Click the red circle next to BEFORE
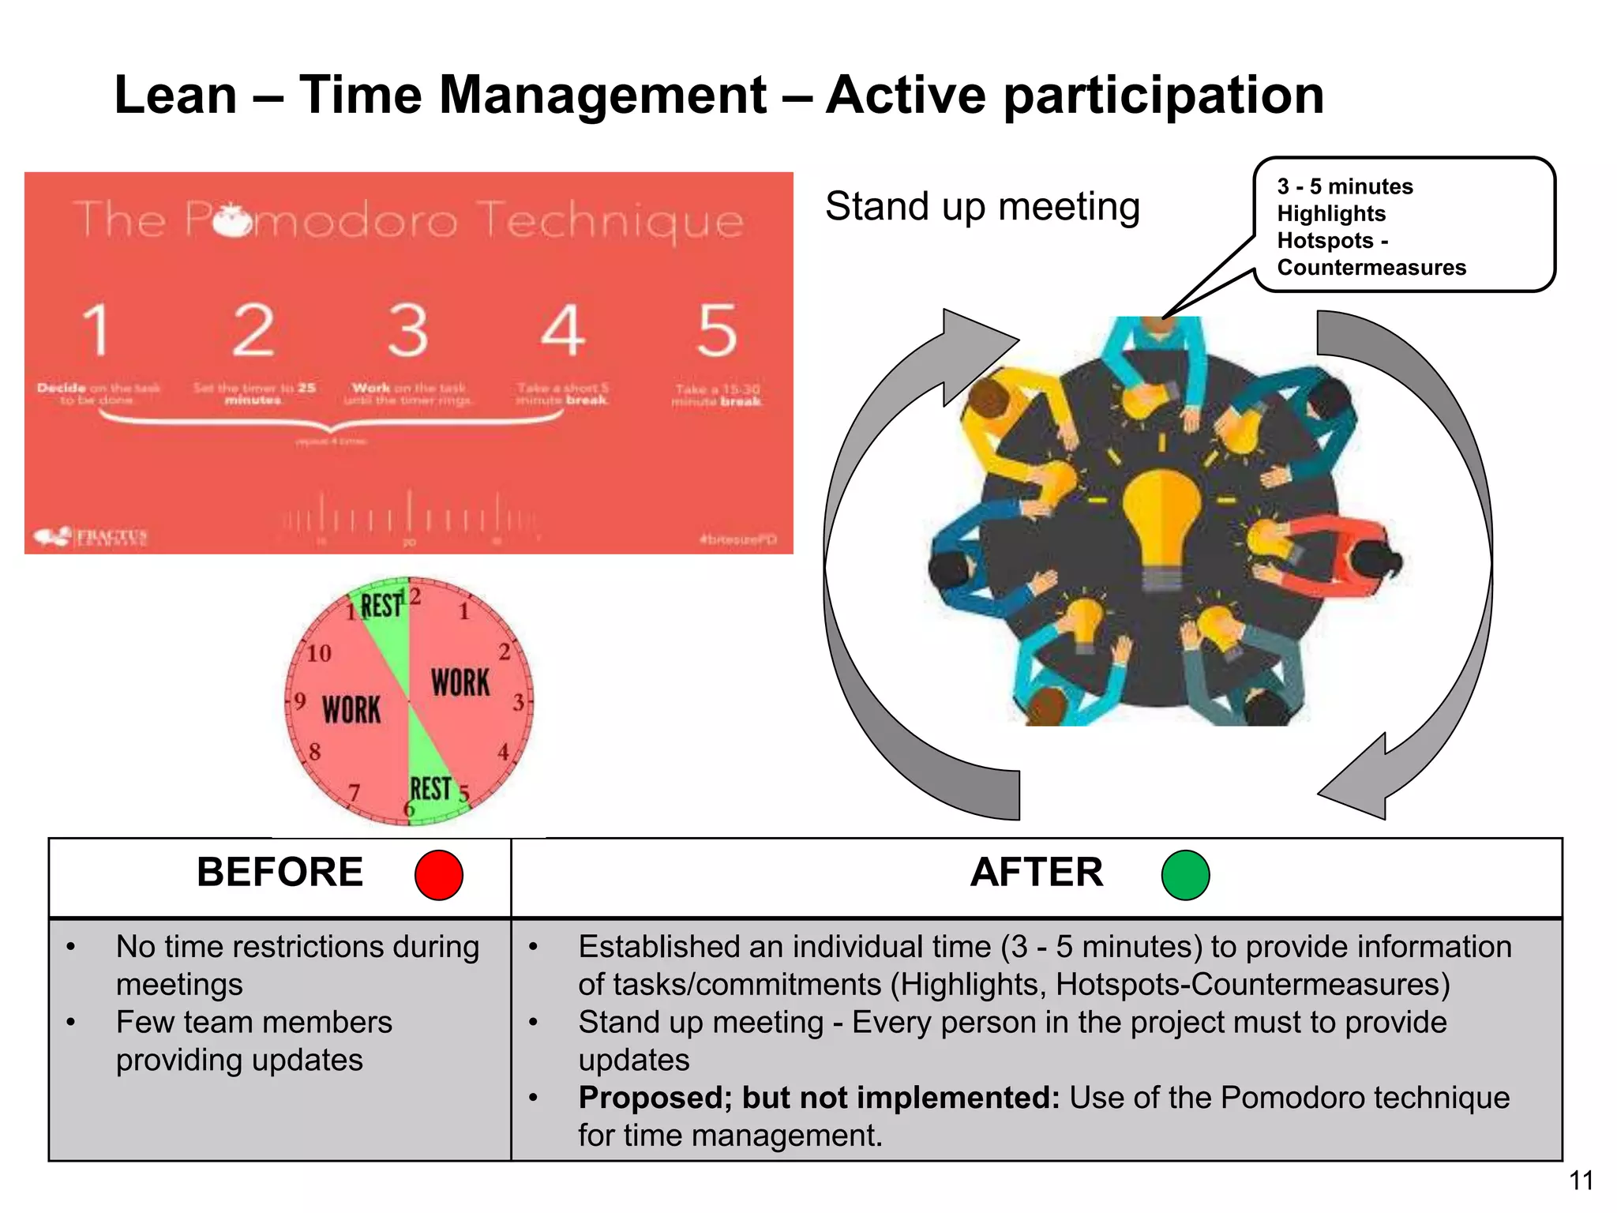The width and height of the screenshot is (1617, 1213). click(438, 875)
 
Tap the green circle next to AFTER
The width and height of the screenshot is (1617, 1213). click(1185, 875)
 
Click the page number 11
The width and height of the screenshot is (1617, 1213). click(1581, 1181)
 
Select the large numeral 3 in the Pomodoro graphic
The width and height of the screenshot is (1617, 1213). click(408, 330)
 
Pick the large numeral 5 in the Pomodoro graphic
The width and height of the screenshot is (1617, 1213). click(717, 330)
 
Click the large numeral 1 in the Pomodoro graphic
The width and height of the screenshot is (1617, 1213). click(96, 330)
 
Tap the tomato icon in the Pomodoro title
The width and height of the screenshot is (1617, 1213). click(232, 220)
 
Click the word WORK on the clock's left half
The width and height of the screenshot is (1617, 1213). click(351, 709)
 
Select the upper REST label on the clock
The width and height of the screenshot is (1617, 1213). click(381, 606)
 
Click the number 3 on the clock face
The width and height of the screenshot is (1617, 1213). click(519, 702)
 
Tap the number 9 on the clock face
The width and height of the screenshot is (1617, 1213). click(300, 701)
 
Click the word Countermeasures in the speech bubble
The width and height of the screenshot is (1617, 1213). click(1371, 268)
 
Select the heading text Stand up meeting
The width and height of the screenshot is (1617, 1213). click(982, 207)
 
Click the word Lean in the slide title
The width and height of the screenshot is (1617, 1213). click(175, 96)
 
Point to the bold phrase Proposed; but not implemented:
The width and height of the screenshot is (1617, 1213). click(818, 1098)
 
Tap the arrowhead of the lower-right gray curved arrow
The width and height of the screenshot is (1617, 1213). click(1358, 782)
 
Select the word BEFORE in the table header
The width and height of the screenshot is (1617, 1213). click(280, 873)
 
